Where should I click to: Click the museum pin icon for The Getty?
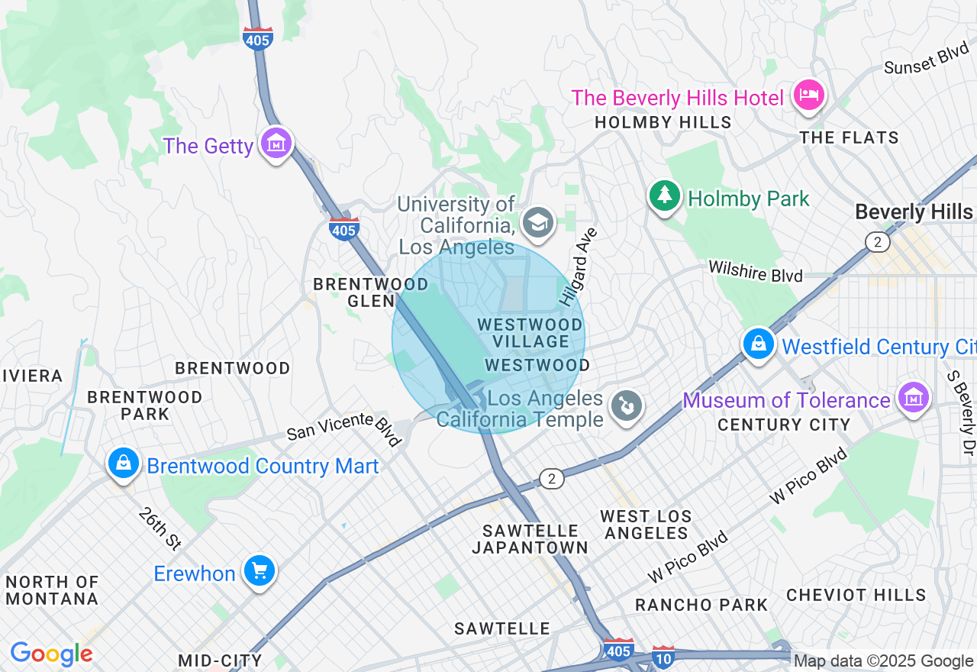(x=276, y=142)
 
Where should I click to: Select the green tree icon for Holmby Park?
(x=665, y=196)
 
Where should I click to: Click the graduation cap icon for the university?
(x=539, y=223)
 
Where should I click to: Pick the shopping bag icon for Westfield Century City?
(x=759, y=344)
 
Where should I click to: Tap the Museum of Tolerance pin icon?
(x=914, y=397)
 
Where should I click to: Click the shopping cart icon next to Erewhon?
(x=259, y=570)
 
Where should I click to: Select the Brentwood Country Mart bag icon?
(x=123, y=463)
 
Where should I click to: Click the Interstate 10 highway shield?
(x=663, y=656)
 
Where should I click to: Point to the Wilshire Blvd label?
(x=755, y=271)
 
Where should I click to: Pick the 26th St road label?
(x=160, y=528)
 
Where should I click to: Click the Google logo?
(x=51, y=654)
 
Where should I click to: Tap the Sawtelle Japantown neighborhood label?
(x=530, y=539)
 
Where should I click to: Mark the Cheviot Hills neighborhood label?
(x=856, y=595)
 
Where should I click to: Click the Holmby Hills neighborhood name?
(x=663, y=122)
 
